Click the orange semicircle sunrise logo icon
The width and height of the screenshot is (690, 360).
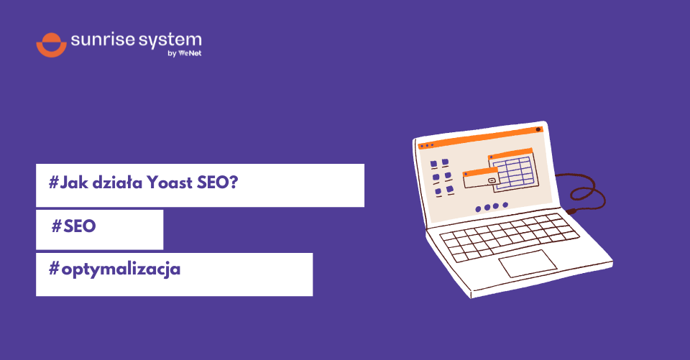point(51,44)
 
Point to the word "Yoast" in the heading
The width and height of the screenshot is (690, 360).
point(169,183)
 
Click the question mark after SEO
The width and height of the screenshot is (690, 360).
point(233,183)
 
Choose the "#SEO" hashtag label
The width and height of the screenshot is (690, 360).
point(74,226)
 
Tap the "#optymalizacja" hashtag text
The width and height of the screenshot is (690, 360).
point(114,270)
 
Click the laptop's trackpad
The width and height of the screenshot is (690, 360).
point(528,263)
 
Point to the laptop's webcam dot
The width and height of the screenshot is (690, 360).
point(538,129)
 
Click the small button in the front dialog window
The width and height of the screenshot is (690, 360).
point(492,180)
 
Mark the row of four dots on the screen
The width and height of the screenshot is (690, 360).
point(492,206)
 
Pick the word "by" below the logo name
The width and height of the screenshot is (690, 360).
point(171,53)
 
